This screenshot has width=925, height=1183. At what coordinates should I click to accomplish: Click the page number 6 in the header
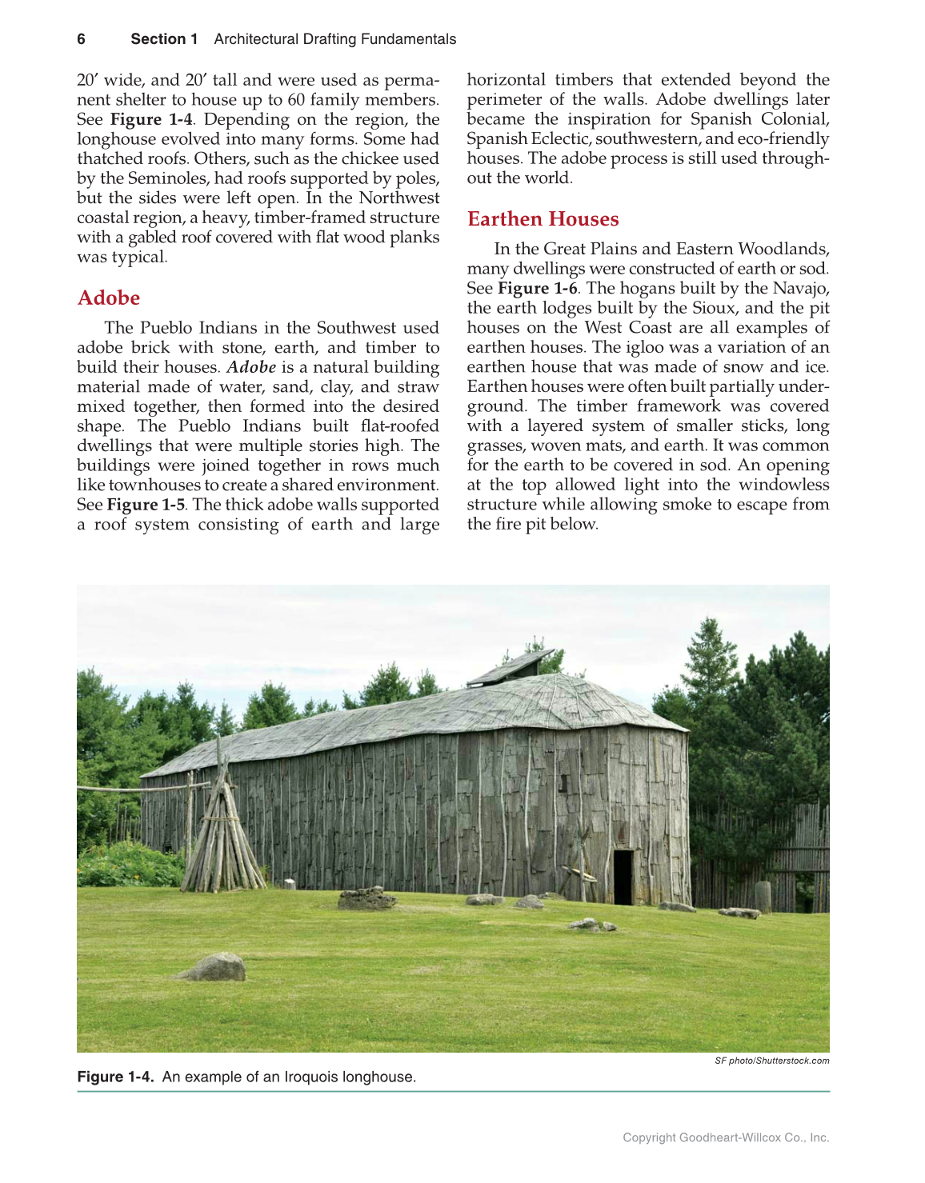tap(81, 39)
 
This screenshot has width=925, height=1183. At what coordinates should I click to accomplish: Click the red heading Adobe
tap(109, 298)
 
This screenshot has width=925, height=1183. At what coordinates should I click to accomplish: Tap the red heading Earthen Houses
tap(543, 219)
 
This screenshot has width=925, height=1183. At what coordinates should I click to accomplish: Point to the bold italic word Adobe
tap(251, 367)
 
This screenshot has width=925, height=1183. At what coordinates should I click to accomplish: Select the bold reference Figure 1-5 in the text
tap(146, 505)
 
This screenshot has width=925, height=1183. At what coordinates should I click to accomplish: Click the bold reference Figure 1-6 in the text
tap(537, 288)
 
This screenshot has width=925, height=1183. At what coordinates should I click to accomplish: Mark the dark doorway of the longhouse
tap(623, 877)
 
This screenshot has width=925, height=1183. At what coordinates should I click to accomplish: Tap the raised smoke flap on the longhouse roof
tap(510, 667)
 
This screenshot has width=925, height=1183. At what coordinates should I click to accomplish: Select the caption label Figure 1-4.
tap(115, 1077)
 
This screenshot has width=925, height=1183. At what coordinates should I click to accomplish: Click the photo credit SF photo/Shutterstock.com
tap(771, 1061)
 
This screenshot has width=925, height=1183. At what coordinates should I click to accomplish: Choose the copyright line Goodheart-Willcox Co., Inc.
tap(726, 1137)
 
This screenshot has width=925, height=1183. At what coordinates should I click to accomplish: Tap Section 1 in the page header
tap(164, 39)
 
